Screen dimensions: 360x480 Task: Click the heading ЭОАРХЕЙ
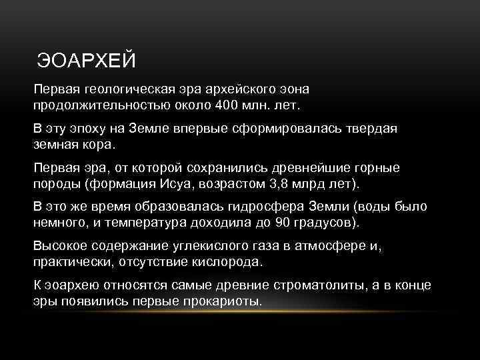[x=86, y=61]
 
